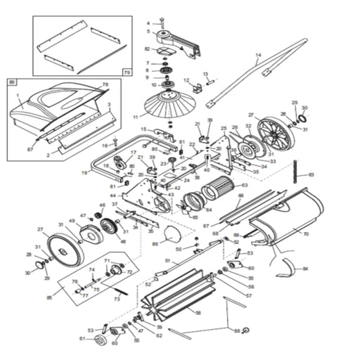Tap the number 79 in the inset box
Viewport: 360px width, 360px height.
tap(127, 72)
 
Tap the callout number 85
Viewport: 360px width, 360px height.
tap(49, 298)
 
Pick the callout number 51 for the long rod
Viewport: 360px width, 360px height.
tap(167, 260)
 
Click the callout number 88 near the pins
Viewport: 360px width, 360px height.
tap(236, 330)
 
